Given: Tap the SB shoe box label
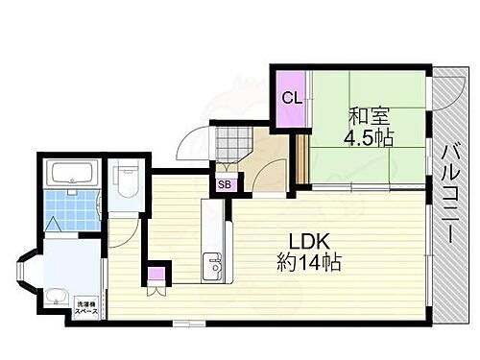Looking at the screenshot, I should (224, 184).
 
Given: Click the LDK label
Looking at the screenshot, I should (300, 240).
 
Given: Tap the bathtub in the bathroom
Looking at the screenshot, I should (70, 175).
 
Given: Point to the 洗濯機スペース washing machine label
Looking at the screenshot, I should (86, 308).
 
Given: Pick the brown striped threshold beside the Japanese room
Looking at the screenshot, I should (300, 157).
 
